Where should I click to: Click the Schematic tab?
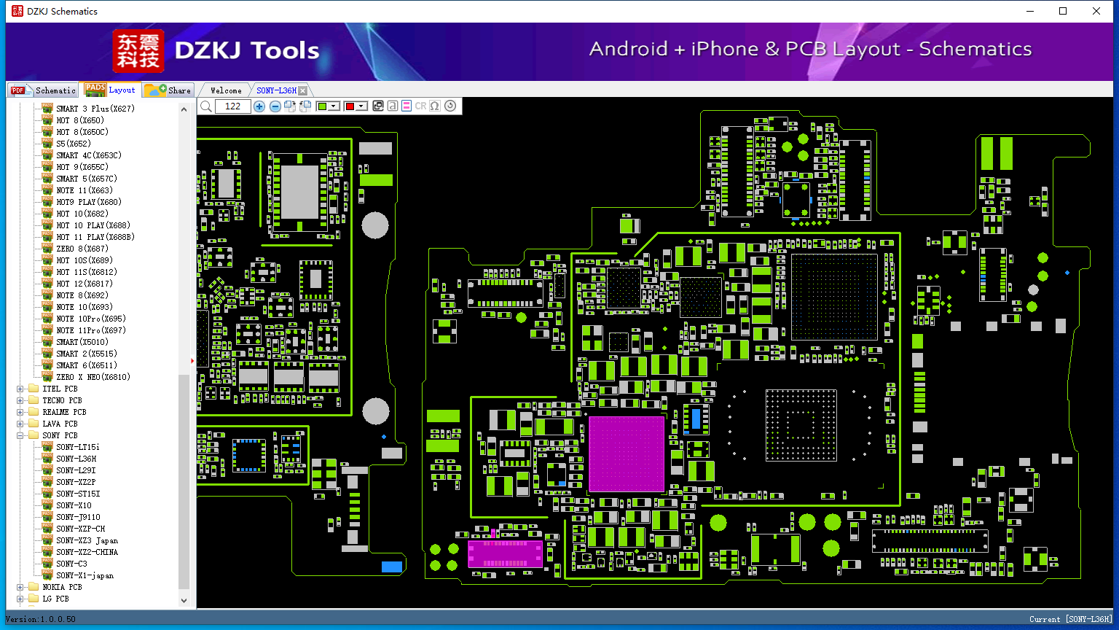tap(44, 90)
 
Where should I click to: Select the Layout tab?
tap(111, 90)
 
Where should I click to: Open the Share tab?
tap(168, 90)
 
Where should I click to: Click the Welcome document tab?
tap(226, 90)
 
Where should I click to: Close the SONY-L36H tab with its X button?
tap(303, 90)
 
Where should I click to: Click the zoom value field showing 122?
tap(232, 106)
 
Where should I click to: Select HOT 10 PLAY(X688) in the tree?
tap(93, 225)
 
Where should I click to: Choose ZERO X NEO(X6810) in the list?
tap(93, 377)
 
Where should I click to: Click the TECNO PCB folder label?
tap(62, 400)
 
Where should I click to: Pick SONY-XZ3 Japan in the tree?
tap(87, 540)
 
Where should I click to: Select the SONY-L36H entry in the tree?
tap(76, 459)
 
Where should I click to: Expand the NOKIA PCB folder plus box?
tap(20, 587)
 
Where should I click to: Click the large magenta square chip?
tap(627, 454)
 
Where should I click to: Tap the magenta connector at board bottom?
tap(505, 554)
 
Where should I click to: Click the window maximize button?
tap(1063, 11)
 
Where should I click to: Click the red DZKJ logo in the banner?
tap(138, 51)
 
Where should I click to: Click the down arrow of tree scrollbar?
tap(184, 601)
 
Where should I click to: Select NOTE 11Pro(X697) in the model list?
tap(91, 330)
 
